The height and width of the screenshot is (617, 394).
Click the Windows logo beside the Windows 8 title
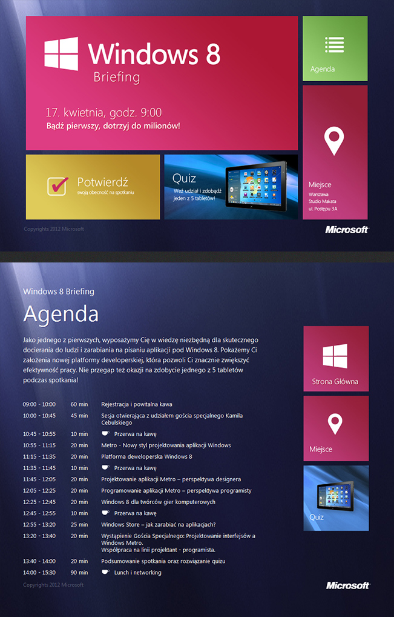pos(61,53)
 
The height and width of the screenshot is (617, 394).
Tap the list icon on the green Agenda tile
pos(334,45)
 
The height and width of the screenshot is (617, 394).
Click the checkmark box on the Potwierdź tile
pos(57,185)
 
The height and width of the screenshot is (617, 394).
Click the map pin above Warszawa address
pos(334,140)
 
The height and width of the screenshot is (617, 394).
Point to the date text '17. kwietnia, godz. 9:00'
pos(104,112)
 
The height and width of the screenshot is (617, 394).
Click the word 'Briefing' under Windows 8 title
pos(116,78)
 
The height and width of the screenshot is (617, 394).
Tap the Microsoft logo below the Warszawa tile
pos(347,230)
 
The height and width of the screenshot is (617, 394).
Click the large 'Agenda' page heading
pos(61,314)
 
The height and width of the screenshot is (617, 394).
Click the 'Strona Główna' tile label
pos(335,382)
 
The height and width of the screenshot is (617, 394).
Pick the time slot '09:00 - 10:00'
pos(39,404)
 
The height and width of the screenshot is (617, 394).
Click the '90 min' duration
pos(79,573)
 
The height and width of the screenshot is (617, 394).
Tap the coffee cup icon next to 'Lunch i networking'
pos(105,572)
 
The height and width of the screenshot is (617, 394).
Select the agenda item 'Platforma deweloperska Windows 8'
pos(146,457)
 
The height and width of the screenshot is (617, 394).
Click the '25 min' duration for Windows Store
pos(79,525)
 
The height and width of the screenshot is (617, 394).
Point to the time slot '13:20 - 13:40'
pos(39,536)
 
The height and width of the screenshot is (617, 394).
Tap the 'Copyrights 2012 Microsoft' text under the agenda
pos(53,585)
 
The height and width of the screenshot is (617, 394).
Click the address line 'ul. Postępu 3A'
pos(323,208)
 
